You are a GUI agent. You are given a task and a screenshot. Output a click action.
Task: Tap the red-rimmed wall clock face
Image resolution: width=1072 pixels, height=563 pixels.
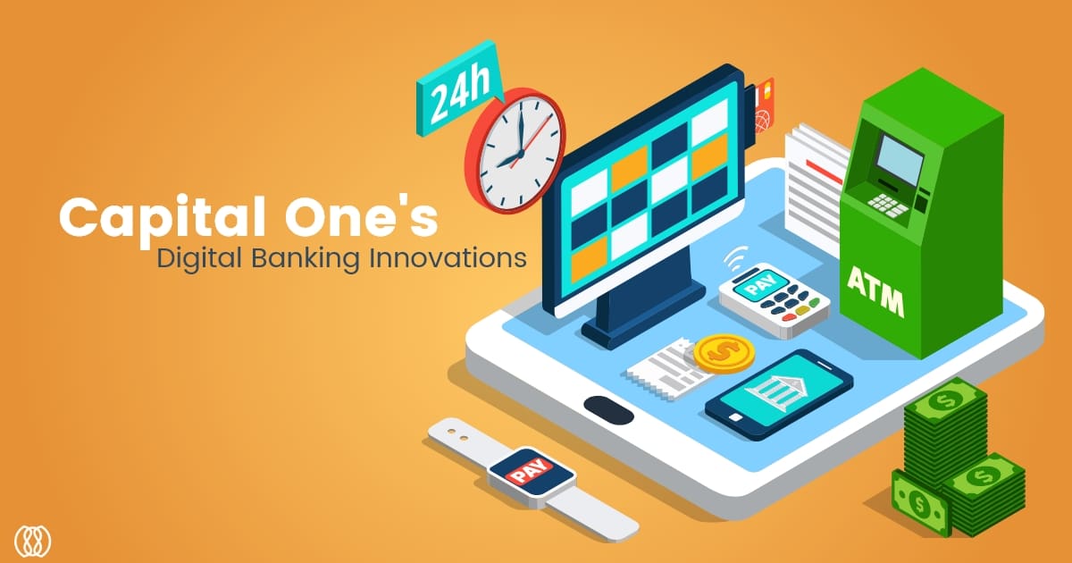coord(519,151)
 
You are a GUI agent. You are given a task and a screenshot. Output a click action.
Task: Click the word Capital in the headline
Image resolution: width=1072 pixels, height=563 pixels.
coord(163,217)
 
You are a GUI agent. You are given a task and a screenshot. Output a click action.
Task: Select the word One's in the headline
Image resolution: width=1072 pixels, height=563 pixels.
coord(361,217)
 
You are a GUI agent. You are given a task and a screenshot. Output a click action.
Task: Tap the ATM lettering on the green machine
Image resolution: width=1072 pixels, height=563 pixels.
coord(875,291)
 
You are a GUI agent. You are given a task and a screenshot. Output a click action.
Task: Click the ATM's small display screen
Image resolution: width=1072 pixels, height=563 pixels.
coord(900,160)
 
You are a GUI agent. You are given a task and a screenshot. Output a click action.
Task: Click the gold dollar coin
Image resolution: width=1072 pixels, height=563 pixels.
coord(724,353)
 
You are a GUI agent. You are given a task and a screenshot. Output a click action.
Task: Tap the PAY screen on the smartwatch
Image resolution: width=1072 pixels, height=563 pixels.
coord(532,473)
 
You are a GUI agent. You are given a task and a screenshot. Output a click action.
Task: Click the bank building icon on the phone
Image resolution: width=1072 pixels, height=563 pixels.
coord(775,391)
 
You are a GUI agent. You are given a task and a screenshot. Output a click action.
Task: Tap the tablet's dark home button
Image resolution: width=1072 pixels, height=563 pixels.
coord(608,410)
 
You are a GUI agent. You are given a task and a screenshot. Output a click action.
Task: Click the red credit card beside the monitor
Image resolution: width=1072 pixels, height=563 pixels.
coord(765,106)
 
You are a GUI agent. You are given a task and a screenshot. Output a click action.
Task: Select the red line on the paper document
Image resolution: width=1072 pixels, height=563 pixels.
coord(824,172)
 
